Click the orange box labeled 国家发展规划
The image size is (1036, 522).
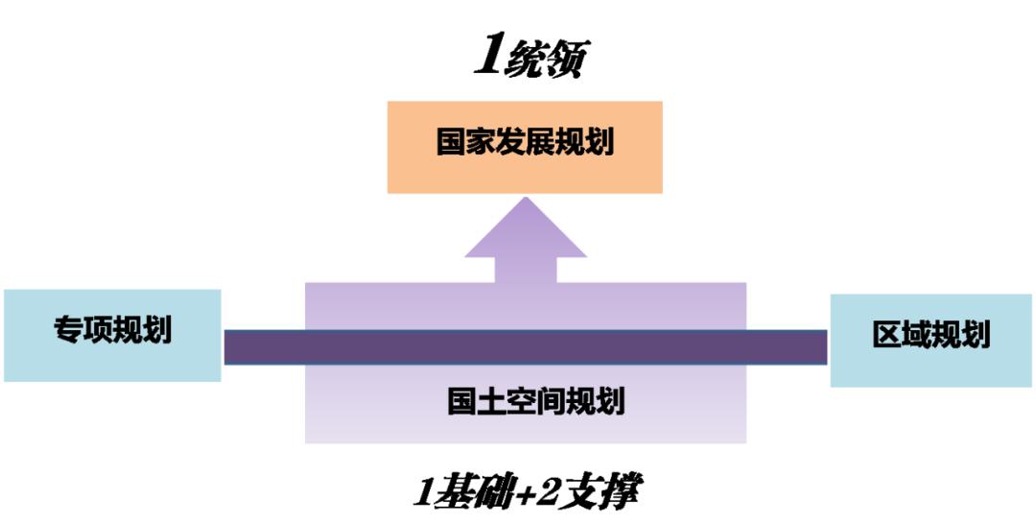tap(525, 147)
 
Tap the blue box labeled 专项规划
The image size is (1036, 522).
tap(112, 335)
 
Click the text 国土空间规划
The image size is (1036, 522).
tap(535, 400)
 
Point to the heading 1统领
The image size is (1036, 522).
tap(530, 59)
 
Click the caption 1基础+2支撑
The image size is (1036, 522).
tap(526, 492)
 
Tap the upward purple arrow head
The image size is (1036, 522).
tap(526, 230)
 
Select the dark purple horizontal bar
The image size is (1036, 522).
tap(526, 346)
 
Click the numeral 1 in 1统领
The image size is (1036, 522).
tap(488, 59)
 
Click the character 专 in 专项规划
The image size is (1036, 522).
tap(68, 331)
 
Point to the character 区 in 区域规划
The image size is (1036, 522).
tap(887, 335)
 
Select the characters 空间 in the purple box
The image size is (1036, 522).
tap(535, 400)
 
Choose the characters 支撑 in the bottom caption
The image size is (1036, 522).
tap(602, 492)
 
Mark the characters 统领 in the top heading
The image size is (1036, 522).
tap(548, 59)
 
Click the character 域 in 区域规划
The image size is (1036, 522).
tap(917, 335)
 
